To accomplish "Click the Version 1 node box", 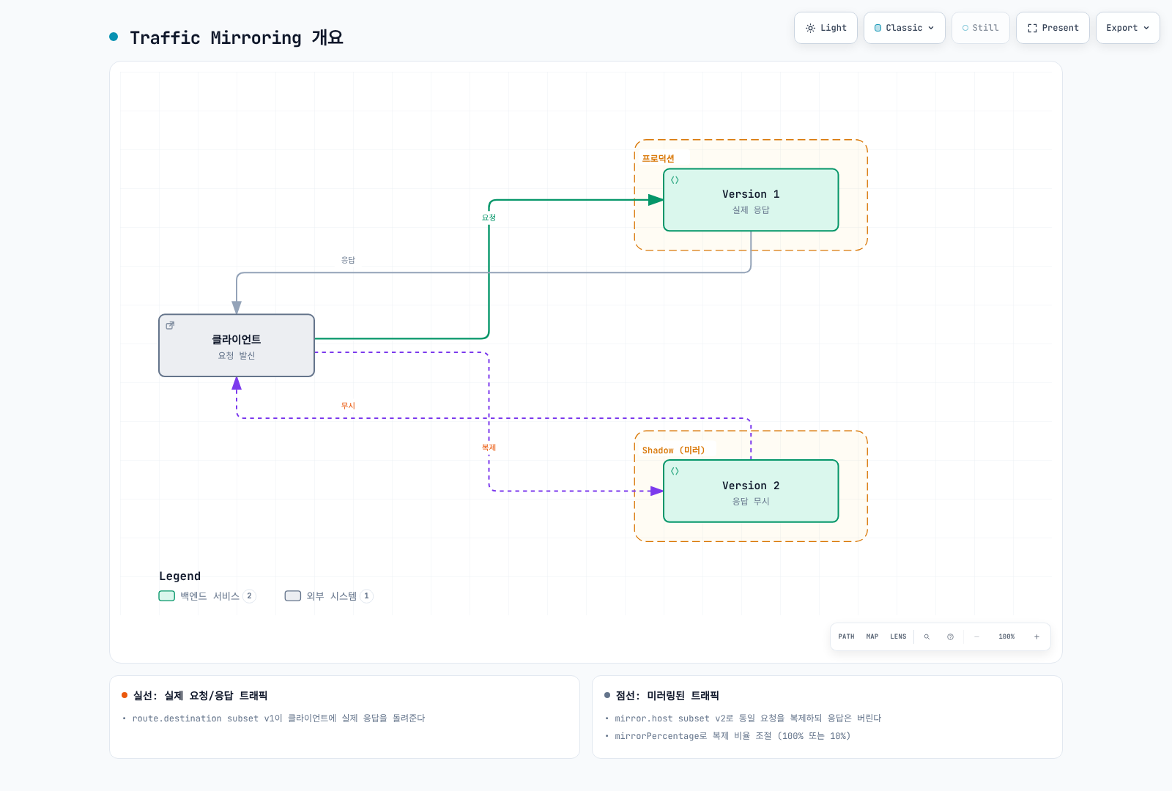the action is [751, 200].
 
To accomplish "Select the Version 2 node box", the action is [751, 491].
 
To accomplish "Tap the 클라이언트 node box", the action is [237, 345].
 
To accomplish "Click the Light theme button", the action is [826, 28].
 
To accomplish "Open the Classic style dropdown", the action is [904, 28].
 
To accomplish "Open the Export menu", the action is [1127, 28].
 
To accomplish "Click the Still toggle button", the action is [981, 28].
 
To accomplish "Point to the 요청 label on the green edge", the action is [489, 218].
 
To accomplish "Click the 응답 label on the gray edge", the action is [348, 260].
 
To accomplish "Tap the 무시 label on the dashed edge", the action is [348, 406].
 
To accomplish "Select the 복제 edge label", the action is [489, 448].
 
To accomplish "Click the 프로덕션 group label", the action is [659, 158].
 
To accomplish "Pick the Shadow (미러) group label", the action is [673, 450].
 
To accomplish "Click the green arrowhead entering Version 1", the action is [656, 200].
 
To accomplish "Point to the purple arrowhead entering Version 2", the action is [656, 491].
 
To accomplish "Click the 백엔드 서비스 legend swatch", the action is [166, 596].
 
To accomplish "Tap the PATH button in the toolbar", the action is [846, 636].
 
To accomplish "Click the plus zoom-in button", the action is [1036, 636].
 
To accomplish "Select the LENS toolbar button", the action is [898, 636].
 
